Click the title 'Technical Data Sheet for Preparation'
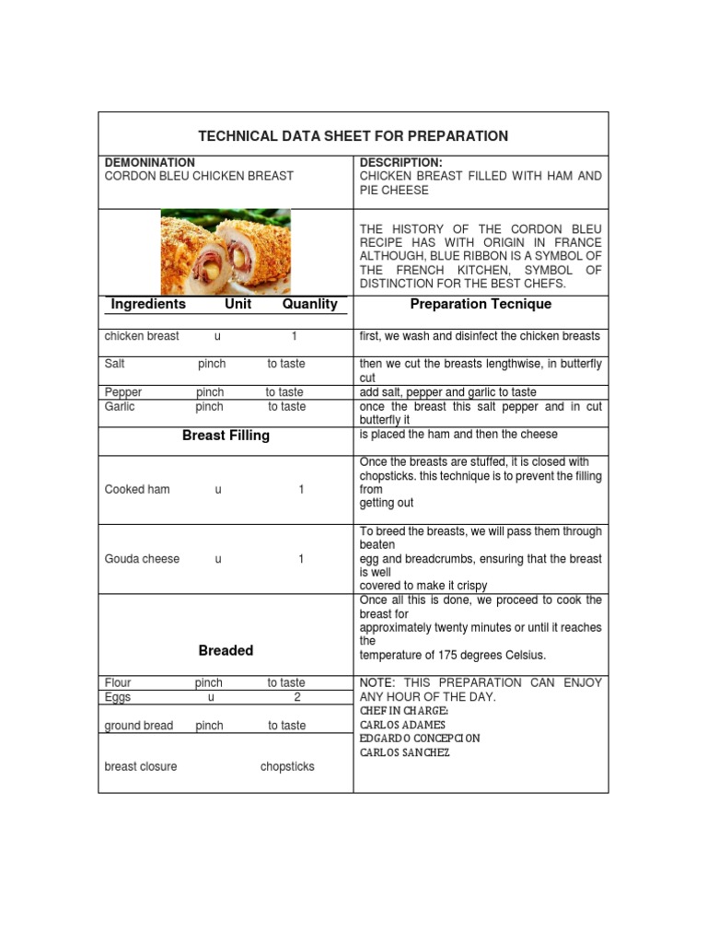[353, 136]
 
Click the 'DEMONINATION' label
[150, 162]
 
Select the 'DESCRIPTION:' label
[394, 162]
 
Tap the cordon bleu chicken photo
[226, 251]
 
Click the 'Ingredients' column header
[148, 304]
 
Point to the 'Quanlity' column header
[309, 304]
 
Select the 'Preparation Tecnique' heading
[481, 304]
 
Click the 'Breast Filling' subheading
[226, 436]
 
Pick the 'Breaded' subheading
[226, 650]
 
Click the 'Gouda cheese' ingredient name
[143, 559]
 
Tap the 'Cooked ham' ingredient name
[137, 490]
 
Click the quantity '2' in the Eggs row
[297, 697]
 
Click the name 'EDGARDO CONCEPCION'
[420, 739]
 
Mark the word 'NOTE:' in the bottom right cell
[377, 682]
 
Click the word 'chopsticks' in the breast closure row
[287, 766]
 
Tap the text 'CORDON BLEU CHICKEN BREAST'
[199, 176]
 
